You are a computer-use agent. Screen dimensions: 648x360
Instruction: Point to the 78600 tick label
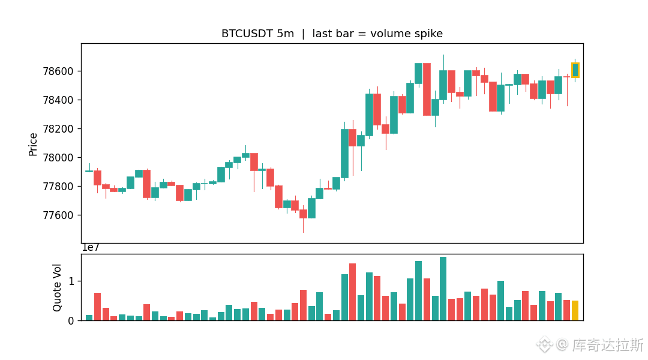click(58, 71)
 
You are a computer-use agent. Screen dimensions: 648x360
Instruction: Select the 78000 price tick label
click(58, 157)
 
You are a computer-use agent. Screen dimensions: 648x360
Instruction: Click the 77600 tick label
click(58, 215)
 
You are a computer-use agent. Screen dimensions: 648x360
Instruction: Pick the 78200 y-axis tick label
click(58, 128)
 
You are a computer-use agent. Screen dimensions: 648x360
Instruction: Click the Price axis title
click(32, 144)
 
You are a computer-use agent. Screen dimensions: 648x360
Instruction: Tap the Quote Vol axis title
click(57, 287)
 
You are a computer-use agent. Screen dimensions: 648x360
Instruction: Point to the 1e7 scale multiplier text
click(91, 248)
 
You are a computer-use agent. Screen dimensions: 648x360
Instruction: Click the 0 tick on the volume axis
click(71, 321)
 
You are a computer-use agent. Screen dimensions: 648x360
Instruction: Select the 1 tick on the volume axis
click(71, 281)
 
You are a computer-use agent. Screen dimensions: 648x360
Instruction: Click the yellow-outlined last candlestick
click(575, 70)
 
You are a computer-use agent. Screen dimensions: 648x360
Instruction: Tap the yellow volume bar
click(575, 310)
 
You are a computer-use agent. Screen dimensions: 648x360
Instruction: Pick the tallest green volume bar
click(443, 289)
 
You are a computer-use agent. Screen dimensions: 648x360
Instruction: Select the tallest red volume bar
click(353, 292)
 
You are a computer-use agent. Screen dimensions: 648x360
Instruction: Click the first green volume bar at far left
click(89, 318)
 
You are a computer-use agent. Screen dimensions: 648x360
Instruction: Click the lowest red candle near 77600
click(304, 214)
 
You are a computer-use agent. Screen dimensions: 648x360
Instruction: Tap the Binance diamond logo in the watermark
click(544, 344)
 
